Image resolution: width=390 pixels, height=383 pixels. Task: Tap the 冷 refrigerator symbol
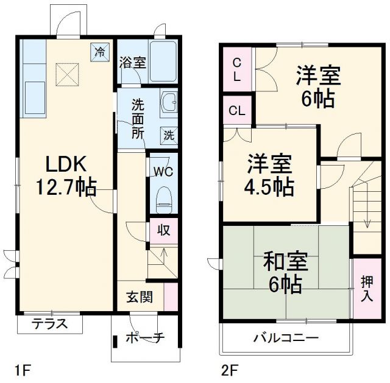[x=99, y=51]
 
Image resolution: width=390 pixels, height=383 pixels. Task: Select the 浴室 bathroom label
[x=132, y=62]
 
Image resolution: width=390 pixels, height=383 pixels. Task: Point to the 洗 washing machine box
[x=169, y=135]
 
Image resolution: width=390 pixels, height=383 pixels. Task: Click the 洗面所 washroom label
[x=138, y=119]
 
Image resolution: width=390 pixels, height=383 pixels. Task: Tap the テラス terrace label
[x=49, y=324]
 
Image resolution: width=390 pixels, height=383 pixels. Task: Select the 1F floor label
[x=22, y=369]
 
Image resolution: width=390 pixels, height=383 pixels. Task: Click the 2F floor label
[x=228, y=369]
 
